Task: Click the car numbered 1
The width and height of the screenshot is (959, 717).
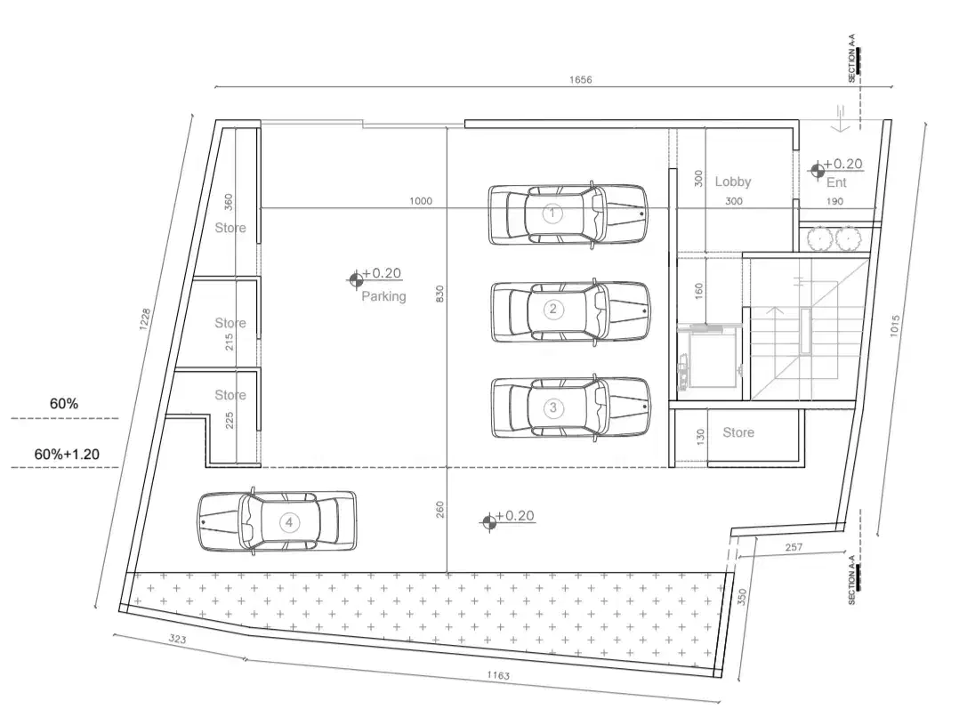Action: [x=568, y=214]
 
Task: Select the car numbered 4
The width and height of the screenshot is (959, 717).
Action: [x=277, y=522]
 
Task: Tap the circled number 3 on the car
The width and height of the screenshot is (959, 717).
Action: [x=553, y=407]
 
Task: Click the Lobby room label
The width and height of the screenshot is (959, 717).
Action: [x=733, y=181]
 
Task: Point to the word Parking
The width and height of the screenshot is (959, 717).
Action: [x=383, y=296]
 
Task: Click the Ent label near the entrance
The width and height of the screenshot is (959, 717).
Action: [x=836, y=182]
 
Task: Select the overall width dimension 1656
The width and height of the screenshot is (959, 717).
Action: [x=580, y=79]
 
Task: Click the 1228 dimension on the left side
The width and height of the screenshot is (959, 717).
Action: [x=144, y=319]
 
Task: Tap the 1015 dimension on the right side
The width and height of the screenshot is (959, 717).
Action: [x=895, y=326]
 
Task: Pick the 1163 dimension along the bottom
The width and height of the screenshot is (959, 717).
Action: [x=498, y=675]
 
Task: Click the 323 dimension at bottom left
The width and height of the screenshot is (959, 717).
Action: [x=177, y=639]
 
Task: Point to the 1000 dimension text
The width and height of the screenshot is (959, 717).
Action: [x=421, y=201]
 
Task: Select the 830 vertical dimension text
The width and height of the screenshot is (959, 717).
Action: [x=439, y=294]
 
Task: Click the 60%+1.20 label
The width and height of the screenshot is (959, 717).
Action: [x=67, y=454]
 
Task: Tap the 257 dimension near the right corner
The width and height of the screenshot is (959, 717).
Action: [x=794, y=547]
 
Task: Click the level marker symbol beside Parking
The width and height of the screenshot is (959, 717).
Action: [x=355, y=279]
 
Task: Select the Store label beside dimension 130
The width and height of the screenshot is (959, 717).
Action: [x=738, y=432]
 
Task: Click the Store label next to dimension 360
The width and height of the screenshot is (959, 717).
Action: [x=230, y=228]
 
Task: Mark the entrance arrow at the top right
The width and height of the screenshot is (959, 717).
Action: [x=841, y=118]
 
